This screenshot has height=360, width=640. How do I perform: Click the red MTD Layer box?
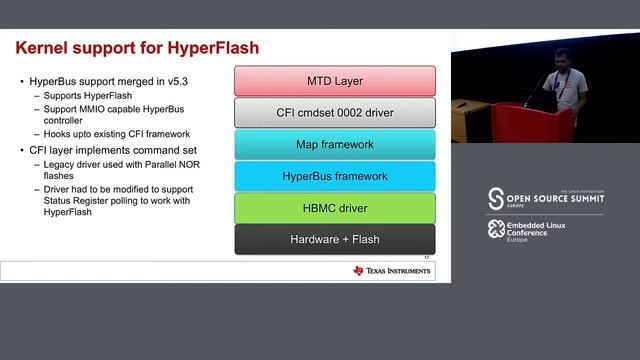[x=334, y=80]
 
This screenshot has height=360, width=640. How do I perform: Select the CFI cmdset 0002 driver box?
[x=334, y=112]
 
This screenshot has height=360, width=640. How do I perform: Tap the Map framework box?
[x=334, y=144]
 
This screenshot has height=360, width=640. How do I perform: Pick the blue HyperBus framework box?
[x=334, y=176]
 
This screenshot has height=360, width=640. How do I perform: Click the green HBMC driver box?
[x=334, y=208]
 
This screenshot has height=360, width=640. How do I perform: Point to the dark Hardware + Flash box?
[x=334, y=239]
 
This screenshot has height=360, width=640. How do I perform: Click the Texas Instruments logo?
[x=392, y=270]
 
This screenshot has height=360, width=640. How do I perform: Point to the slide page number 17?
[x=427, y=258]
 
